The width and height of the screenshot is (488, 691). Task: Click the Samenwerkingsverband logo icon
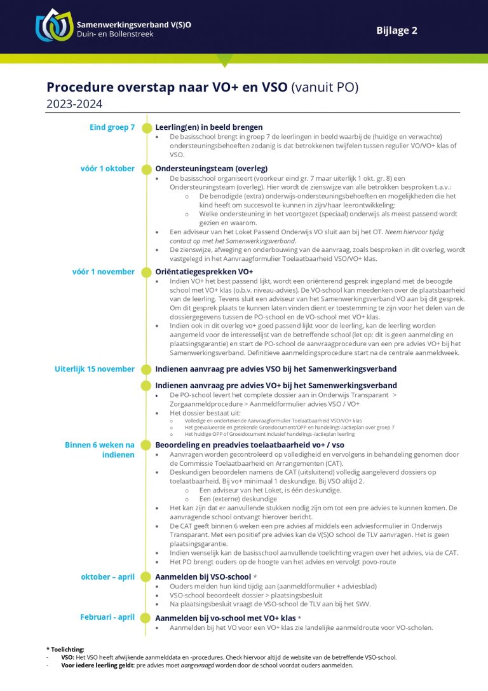tap(54, 25)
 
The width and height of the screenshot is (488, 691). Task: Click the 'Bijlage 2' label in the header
tap(396, 30)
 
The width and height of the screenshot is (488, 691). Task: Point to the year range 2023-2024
tap(74, 104)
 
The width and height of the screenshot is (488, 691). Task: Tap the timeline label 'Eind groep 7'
tap(112, 127)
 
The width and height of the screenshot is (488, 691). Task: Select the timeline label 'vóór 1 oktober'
tap(107, 169)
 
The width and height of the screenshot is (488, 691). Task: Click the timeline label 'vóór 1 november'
tap(104, 272)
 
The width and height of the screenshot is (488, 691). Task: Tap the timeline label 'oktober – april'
tap(107, 577)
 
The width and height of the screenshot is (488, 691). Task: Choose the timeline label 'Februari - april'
tap(107, 617)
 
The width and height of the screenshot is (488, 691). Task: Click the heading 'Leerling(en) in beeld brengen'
tap(209, 127)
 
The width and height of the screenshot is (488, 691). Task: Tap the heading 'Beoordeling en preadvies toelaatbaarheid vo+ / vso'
tap(250, 445)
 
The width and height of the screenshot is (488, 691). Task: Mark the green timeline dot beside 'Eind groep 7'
tap(147, 127)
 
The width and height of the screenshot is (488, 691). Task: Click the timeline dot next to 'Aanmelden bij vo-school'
tap(147, 618)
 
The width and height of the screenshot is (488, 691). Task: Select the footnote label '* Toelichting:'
tap(65, 649)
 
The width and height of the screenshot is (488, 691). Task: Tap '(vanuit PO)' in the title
tap(325, 87)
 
